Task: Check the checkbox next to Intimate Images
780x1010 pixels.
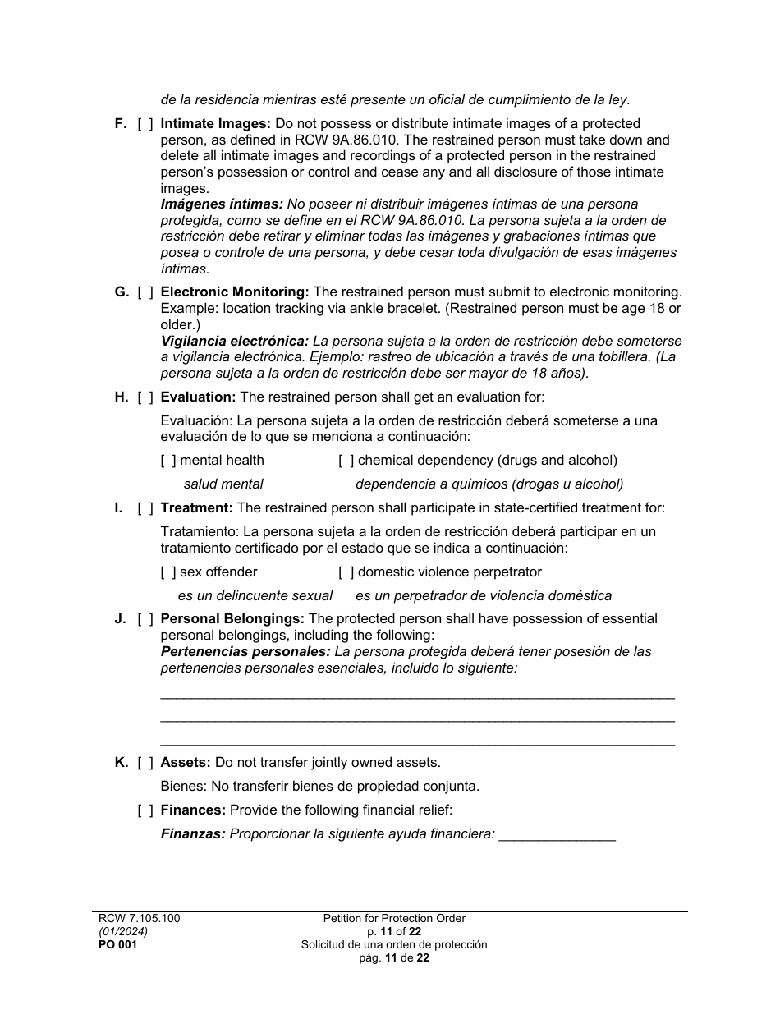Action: click(145, 124)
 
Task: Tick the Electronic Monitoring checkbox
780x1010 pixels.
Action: click(145, 292)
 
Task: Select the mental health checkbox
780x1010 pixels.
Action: click(168, 461)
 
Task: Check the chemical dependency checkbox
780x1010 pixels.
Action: click(346, 461)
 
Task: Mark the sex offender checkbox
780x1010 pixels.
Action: click(168, 572)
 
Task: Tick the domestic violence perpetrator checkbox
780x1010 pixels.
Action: click(346, 572)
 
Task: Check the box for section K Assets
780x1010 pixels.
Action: click(145, 763)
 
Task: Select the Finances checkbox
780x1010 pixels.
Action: click(145, 810)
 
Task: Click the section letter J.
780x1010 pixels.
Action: click(120, 619)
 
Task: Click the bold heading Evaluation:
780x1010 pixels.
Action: click(198, 397)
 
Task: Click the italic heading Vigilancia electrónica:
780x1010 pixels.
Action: click(234, 341)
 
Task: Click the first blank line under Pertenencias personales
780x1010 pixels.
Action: click(417, 696)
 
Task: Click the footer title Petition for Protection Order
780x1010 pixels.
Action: click(394, 919)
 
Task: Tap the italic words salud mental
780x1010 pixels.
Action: click(223, 484)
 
